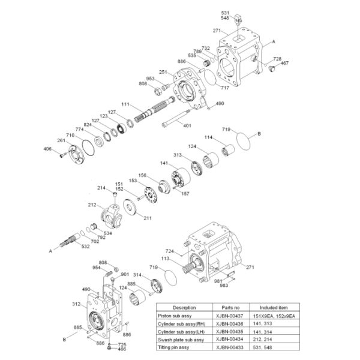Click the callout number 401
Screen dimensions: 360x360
pyautogui.click(x=187, y=125)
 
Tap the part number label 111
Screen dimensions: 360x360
pyautogui.click(x=125, y=104)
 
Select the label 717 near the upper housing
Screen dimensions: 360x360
pyautogui.click(x=225, y=88)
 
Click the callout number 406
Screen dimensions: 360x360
pyautogui.click(x=48, y=149)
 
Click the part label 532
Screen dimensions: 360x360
pyautogui.click(x=86, y=247)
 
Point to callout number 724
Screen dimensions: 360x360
pyautogui.click(x=170, y=251)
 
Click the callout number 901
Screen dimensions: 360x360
pyautogui.click(x=125, y=274)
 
